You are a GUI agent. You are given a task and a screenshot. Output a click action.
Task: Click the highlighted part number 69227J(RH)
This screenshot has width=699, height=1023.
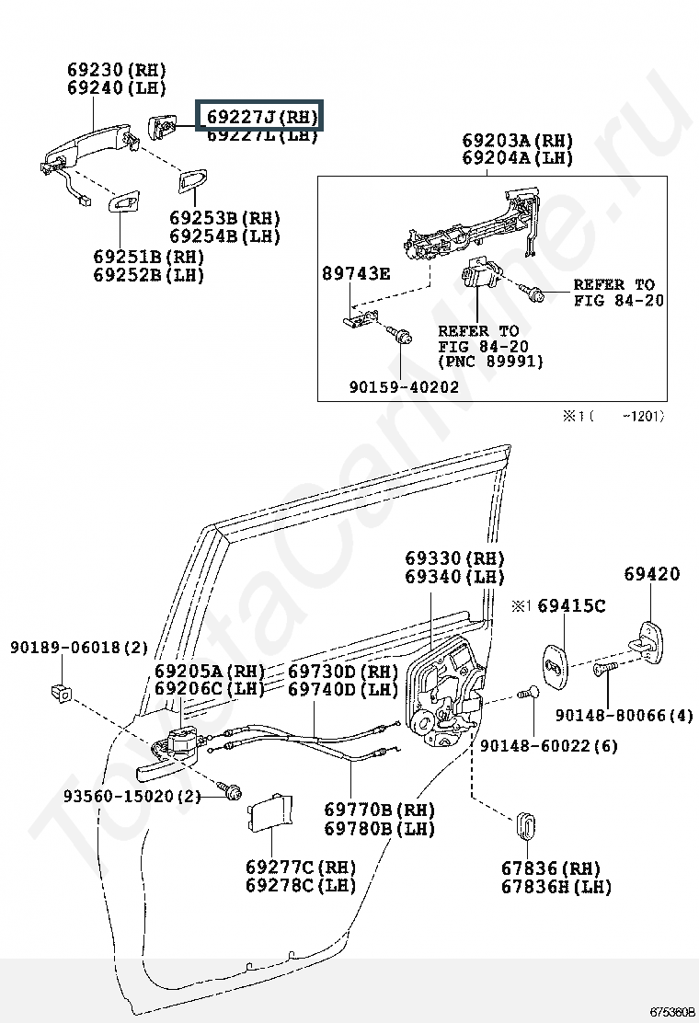coord(261,117)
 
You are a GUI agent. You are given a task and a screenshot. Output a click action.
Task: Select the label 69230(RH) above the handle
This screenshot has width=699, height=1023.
coord(116,70)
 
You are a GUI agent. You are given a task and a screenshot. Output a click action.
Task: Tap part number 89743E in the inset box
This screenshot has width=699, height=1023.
coord(356,273)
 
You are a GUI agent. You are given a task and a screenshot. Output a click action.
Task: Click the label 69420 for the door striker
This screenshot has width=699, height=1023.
coord(652,574)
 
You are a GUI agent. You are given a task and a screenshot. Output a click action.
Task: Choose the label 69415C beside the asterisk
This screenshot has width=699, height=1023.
coord(571,605)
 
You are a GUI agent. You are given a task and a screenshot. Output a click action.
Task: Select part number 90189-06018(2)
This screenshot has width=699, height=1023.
coord(79,648)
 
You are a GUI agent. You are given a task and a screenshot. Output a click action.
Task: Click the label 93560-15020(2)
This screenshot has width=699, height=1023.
coord(132,796)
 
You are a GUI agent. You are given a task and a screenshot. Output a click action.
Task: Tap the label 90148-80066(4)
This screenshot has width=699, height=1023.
coord(625,715)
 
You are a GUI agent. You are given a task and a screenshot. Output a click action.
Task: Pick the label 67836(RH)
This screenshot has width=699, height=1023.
coord(550,868)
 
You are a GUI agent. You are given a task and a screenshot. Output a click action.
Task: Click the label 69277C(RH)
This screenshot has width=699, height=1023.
coord(300,867)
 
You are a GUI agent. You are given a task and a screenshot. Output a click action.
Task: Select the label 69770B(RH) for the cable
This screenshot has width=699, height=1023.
coord(379,810)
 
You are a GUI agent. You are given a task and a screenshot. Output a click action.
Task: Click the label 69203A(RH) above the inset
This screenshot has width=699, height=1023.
coord(517,141)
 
